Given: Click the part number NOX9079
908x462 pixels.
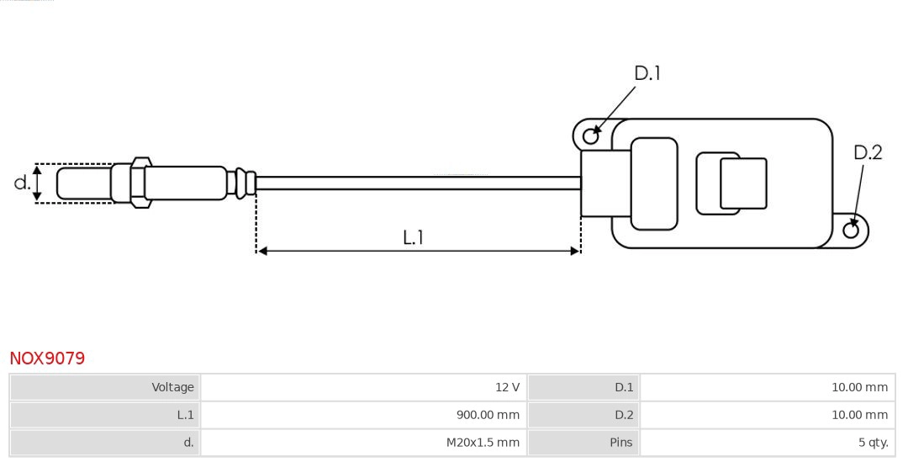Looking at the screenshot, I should [47, 358].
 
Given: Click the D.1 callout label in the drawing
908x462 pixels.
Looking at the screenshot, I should [647, 74].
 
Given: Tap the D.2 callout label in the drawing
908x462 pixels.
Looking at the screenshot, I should [868, 152].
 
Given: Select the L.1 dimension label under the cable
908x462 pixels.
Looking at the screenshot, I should [413, 238].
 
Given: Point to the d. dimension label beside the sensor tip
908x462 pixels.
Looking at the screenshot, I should [22, 183].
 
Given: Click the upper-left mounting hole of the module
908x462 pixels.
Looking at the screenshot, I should [591, 135].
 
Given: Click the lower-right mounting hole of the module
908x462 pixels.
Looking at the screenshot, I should [850, 231].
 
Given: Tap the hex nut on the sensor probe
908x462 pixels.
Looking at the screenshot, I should [140, 181].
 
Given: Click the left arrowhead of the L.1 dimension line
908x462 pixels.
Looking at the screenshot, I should [261, 251].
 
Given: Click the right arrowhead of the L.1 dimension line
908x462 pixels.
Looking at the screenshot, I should [575, 251].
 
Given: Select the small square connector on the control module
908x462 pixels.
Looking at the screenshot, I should [743, 183].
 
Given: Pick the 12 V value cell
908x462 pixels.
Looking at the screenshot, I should [363, 388].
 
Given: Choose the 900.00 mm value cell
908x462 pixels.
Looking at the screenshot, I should [363, 415].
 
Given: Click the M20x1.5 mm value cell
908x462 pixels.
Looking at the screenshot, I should [363, 442].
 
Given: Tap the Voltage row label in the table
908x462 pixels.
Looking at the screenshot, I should [105, 388].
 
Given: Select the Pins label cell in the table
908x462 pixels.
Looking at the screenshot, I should [583, 442].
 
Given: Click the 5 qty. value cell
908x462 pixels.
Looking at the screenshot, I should [767, 442].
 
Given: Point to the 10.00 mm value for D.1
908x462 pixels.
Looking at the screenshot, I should [767, 388].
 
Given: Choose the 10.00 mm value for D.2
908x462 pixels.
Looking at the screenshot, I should [767, 415].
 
